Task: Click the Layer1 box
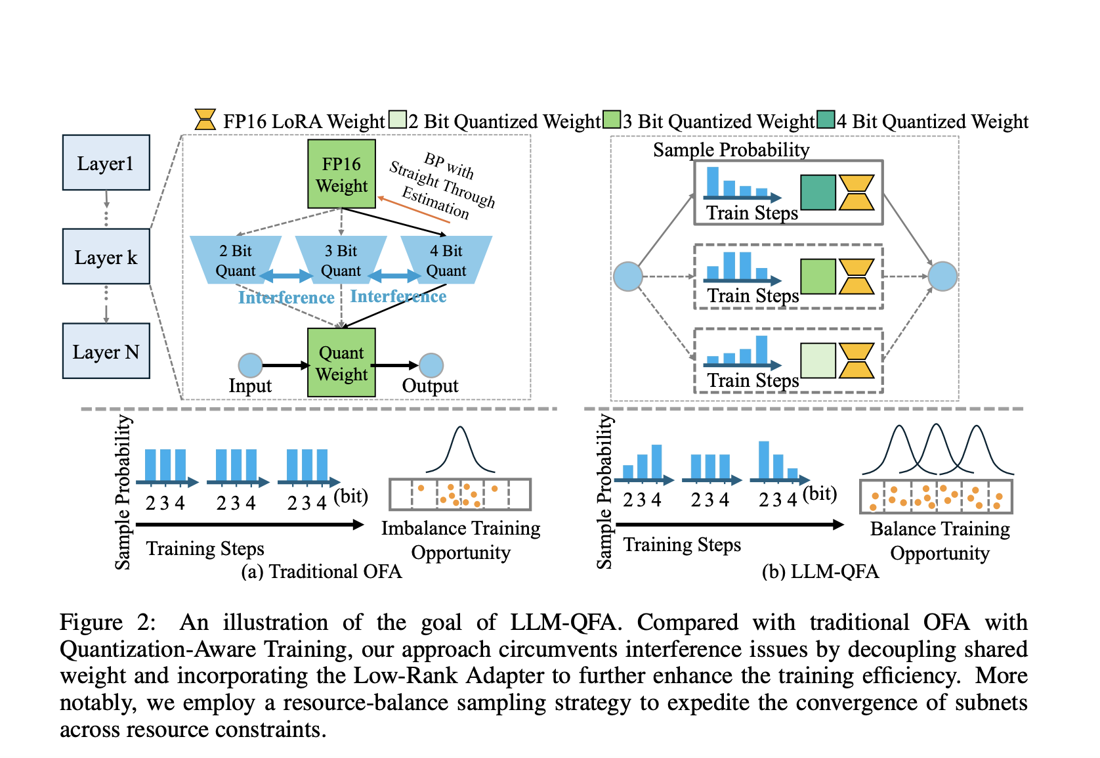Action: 106,163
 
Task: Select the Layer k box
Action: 106,257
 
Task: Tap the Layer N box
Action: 106,351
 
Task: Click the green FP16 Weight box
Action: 341,174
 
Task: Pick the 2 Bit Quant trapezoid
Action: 235,260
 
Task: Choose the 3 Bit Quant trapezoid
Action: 341,260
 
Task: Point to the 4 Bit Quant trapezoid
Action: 446,260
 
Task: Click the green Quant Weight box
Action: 341,363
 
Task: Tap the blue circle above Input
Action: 250,365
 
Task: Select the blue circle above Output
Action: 431,365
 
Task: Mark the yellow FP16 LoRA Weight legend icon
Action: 205,120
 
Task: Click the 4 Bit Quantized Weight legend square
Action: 826,120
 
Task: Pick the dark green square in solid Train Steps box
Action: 818,192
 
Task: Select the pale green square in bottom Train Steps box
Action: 818,361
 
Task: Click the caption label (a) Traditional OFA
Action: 321,571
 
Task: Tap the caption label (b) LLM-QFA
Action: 820,571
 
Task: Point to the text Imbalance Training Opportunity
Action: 461,540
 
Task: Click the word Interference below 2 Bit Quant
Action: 286,298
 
